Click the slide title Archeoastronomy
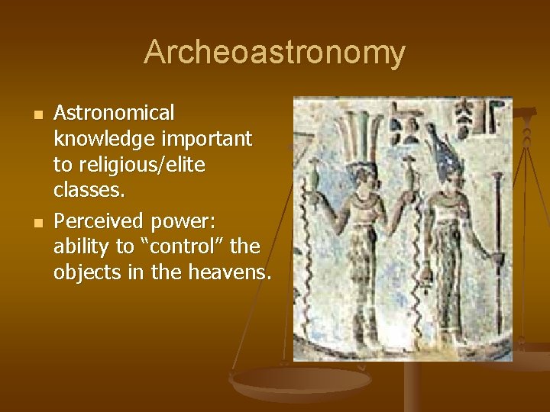(274, 53)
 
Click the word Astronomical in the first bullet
(114, 113)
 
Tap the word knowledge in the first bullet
(99, 140)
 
